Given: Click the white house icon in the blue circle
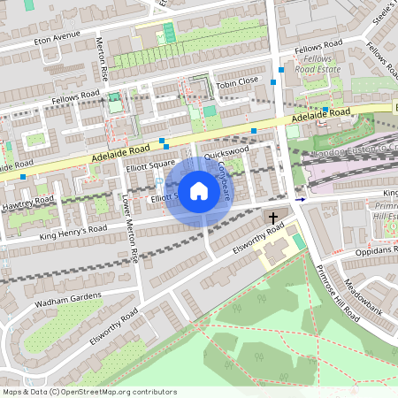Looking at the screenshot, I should click(199, 190).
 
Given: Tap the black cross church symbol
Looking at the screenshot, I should click(273, 217).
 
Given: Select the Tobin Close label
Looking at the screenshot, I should click(236, 80).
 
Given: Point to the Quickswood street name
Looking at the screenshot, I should click(226, 153).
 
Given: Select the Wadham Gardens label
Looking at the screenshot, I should click(66, 298).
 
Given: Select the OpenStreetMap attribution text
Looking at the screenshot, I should click(89, 391).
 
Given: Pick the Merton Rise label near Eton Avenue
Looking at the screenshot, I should click(100, 60).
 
